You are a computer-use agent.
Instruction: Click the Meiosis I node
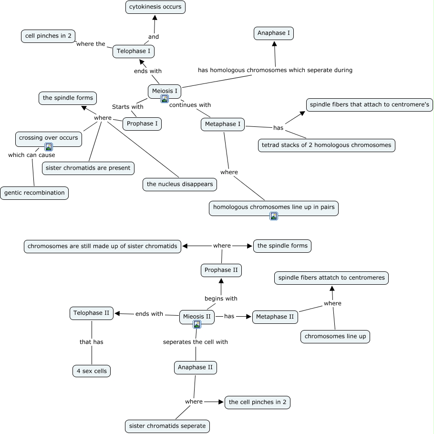165,91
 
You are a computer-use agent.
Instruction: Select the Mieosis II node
197,317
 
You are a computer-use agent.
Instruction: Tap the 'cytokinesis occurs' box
155,7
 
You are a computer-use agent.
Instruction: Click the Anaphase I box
274,33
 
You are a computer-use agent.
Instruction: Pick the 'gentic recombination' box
34,193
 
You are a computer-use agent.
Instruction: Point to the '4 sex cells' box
92,371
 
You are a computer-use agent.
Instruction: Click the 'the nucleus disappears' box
180,184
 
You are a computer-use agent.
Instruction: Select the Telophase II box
92,313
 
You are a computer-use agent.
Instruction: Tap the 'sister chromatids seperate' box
167,426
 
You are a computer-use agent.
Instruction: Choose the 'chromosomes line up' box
335,336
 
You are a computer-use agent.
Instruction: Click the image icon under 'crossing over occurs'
49,147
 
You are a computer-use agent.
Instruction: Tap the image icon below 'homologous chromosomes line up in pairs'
274,216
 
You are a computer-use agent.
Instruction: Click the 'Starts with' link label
127,107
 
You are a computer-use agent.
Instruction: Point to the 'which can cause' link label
31,155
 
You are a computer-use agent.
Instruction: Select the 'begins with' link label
221,299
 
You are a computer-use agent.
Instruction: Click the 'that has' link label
92,342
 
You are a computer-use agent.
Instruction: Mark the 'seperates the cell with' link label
196,342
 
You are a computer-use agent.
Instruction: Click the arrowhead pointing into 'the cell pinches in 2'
221,402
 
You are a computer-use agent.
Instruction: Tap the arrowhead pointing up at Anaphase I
274,44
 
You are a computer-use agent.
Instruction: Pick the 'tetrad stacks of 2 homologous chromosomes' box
327,145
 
